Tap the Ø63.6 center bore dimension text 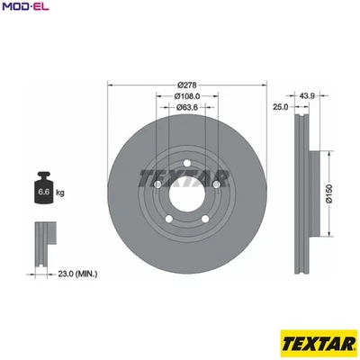[188, 107]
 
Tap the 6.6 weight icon [42, 191]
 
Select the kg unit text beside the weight [60, 193]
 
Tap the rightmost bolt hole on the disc [217, 184]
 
